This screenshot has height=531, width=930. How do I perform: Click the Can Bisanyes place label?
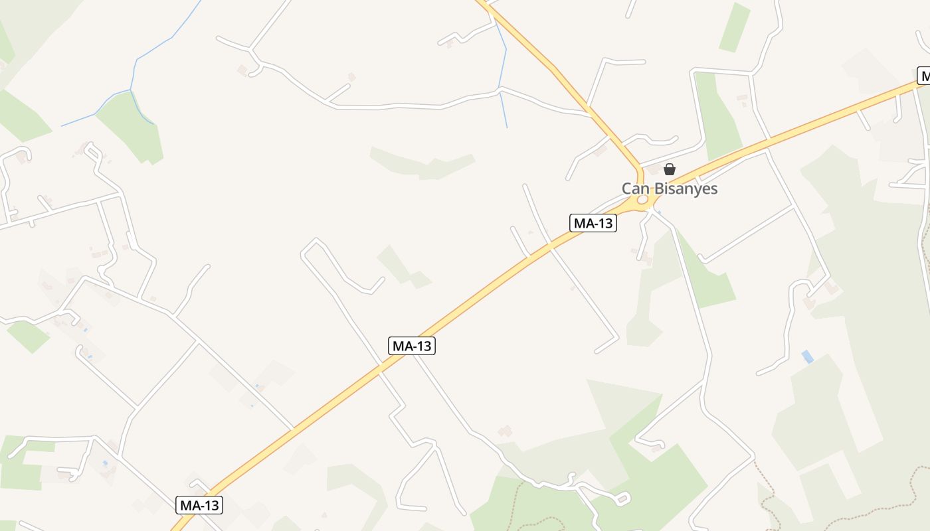point(670,189)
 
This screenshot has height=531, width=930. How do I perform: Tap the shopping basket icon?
point(670,169)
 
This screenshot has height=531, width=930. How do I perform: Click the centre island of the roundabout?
point(642,200)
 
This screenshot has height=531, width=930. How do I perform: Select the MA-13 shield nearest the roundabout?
point(593,223)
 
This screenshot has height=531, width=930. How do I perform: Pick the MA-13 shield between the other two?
point(412,346)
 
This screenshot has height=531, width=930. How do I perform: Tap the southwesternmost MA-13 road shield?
point(200,505)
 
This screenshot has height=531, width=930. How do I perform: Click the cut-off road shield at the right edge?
point(923,76)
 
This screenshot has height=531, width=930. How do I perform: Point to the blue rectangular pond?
point(807,356)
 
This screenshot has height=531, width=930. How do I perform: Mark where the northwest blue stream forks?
point(131,90)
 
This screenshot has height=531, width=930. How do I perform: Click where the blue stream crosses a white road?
point(500,90)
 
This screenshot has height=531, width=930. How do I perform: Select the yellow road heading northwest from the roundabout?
point(558,73)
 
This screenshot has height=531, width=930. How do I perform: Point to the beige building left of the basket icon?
point(654,170)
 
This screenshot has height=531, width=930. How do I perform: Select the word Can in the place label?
point(634,189)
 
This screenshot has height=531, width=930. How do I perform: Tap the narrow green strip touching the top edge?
point(734,27)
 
